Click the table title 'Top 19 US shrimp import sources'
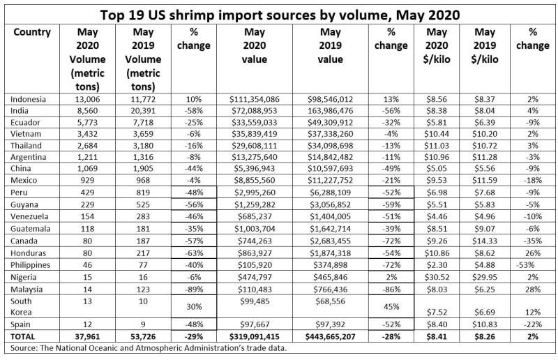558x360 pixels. pos(278,13)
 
